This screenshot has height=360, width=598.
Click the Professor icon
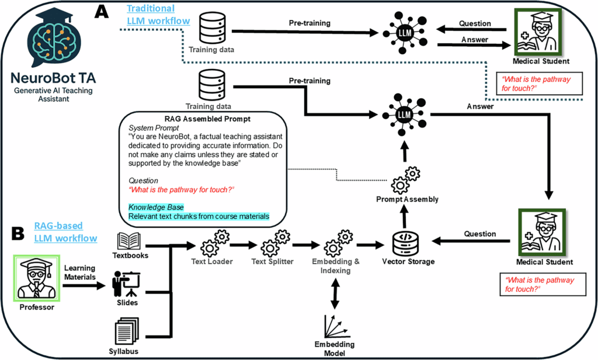point(37,278)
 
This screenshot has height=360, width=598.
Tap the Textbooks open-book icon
point(129,241)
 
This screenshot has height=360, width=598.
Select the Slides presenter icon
point(126,284)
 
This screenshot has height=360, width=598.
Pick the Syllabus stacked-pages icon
point(126,332)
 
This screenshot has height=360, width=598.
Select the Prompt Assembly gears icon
point(405,180)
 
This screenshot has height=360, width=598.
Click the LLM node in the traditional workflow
point(405,33)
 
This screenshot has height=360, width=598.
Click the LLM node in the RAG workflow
point(405,115)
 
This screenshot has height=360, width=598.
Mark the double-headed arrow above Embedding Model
point(335,293)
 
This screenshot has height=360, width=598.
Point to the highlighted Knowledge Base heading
point(156,207)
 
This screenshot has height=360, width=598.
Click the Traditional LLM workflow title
point(158,15)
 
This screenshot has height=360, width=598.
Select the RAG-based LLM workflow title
point(65,232)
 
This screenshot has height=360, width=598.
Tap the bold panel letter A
point(102,12)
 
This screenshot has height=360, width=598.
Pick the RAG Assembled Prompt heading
point(207,119)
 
